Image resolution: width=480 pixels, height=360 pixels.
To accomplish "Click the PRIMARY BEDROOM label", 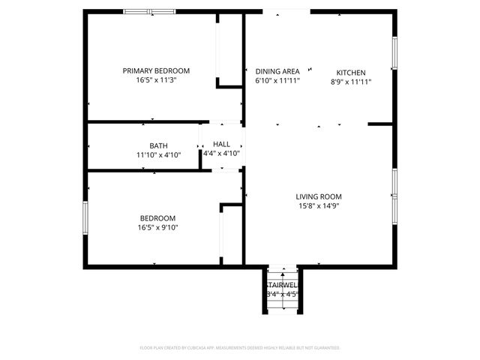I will pos(156,70).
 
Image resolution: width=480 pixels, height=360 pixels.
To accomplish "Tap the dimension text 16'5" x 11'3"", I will pos(156,81).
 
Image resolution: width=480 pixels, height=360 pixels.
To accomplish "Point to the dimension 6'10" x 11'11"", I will pos(277,81).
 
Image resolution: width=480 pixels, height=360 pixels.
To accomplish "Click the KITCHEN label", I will pos(350,72).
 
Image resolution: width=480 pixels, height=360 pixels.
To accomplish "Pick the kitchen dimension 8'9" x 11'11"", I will pos(350,82).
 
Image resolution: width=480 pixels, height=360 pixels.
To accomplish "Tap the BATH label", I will pos(158,145).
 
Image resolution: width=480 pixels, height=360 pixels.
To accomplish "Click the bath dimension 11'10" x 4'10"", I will pos(158,155).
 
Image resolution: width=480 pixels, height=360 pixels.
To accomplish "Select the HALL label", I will pos(221,144).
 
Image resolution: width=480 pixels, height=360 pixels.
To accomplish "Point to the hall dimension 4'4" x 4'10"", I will pos(221,154).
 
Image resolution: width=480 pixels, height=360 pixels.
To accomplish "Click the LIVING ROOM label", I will pos(318,196).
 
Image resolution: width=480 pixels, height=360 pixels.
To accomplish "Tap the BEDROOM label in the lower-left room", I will pos(157,217).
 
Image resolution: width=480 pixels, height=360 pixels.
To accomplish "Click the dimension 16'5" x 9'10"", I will pos(157,227).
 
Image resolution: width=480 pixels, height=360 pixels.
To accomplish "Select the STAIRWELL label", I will pos(282,286).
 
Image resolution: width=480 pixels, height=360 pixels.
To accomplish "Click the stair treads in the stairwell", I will pos(282,274).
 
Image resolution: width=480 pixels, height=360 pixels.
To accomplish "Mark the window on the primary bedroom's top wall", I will pos(149,12).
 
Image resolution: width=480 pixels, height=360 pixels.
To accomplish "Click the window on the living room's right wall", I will pos(394,195).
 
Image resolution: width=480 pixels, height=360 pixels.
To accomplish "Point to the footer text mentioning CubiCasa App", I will pos(240,348).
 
